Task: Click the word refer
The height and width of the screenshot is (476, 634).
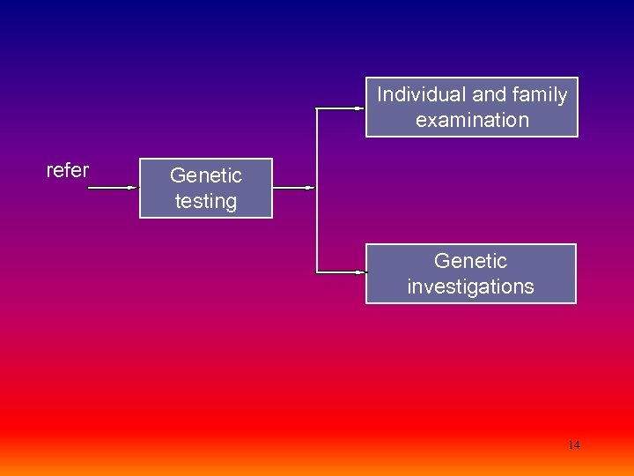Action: [x=67, y=170]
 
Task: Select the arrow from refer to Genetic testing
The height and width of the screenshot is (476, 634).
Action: [x=113, y=188]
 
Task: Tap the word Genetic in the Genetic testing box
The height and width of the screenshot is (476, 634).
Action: [x=206, y=176]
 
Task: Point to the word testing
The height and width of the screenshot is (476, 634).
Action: [x=206, y=201]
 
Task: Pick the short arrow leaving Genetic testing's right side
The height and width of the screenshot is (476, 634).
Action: [x=293, y=188]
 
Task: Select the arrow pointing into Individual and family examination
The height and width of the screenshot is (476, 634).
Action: [x=342, y=108]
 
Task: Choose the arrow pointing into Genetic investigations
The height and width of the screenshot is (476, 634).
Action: [x=342, y=272]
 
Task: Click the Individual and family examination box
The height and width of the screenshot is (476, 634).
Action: [x=472, y=108]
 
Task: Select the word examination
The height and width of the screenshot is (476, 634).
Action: [x=472, y=120]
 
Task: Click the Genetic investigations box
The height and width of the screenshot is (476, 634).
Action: [x=471, y=273]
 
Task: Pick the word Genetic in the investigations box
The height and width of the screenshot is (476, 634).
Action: [x=471, y=261]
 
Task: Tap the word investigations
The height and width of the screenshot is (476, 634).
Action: [x=471, y=286]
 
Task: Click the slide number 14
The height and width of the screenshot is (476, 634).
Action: [x=574, y=445]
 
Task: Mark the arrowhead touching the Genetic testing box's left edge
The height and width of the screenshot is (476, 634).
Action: [x=135, y=188]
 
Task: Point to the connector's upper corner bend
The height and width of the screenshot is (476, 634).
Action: [x=317, y=108]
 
